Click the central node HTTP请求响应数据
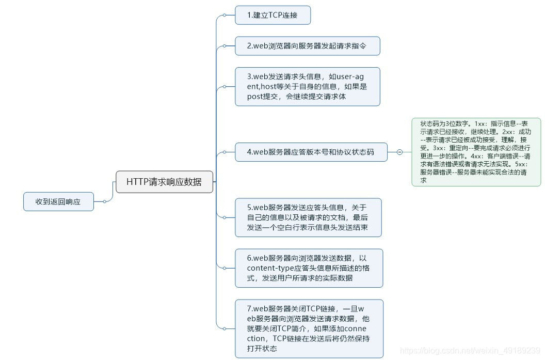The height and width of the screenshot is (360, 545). [x=164, y=182]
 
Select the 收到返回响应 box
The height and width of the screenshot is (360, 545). [x=58, y=201]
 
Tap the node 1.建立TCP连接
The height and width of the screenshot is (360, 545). [x=272, y=15]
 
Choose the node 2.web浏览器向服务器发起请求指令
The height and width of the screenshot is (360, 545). [x=308, y=45]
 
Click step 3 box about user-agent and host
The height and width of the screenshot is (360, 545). [x=308, y=86]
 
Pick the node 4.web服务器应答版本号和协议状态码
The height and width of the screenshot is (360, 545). [x=311, y=152]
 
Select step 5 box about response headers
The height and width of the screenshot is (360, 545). [x=308, y=217]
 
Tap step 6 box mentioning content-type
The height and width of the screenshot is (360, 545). [x=309, y=268]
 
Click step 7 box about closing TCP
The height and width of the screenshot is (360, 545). [x=309, y=328]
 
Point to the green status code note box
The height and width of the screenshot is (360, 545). [x=476, y=152]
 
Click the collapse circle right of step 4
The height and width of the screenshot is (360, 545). [x=399, y=152]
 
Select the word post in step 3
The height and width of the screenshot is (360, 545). [x=255, y=96]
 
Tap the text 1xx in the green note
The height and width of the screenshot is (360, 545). [x=480, y=124]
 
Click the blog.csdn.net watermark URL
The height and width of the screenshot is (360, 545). [x=470, y=351]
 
